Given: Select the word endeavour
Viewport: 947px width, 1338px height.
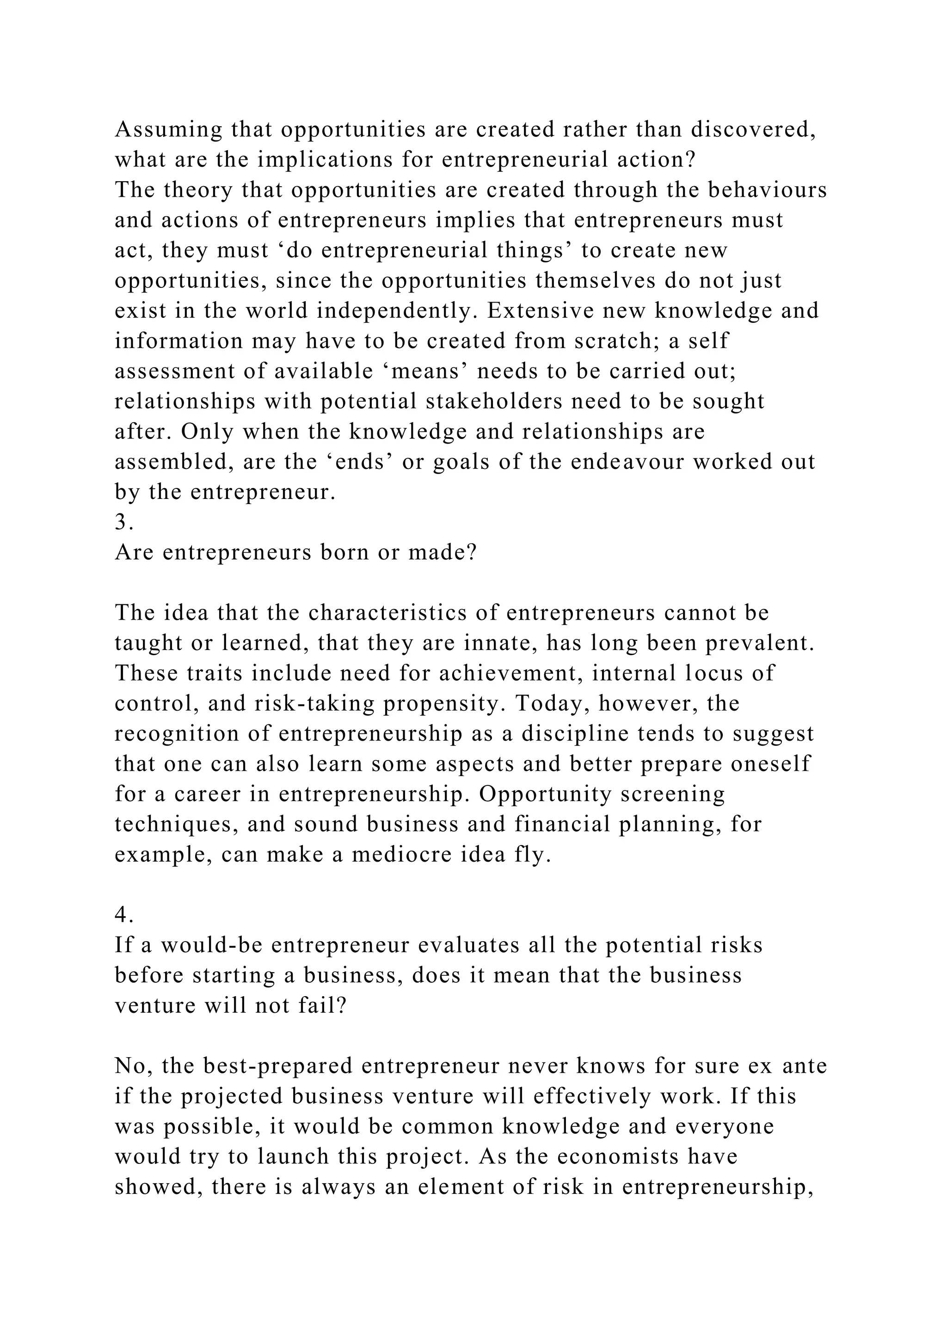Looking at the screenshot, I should click(627, 462).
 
